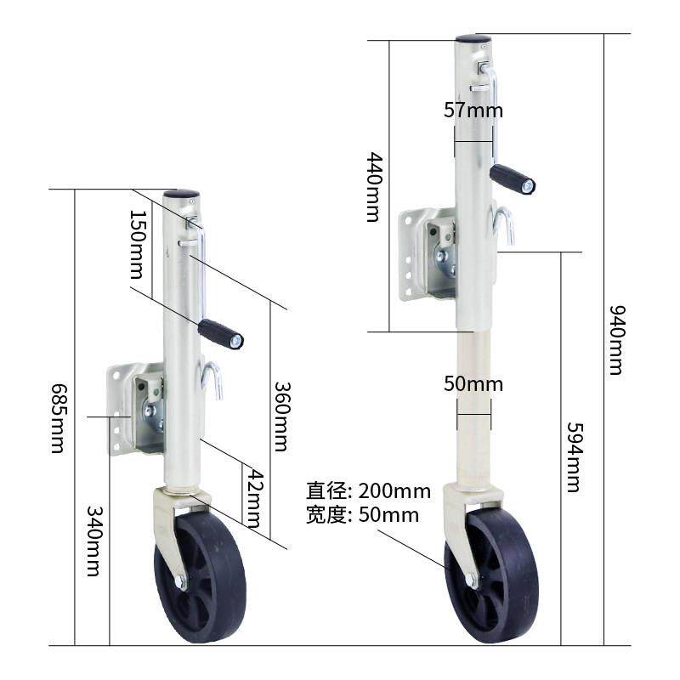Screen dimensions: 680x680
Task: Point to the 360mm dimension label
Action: [x=281, y=416]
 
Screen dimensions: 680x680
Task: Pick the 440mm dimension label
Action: [x=372, y=187]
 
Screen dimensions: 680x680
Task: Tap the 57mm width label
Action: [x=473, y=110]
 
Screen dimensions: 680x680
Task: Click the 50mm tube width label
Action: [x=473, y=384]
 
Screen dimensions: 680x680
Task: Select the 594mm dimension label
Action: [x=573, y=457]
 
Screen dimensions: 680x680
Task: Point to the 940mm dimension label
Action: [x=615, y=339]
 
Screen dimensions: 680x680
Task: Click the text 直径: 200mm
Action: [x=369, y=491]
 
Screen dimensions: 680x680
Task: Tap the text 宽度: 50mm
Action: [x=363, y=515]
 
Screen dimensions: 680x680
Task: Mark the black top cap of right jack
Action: [x=473, y=39]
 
